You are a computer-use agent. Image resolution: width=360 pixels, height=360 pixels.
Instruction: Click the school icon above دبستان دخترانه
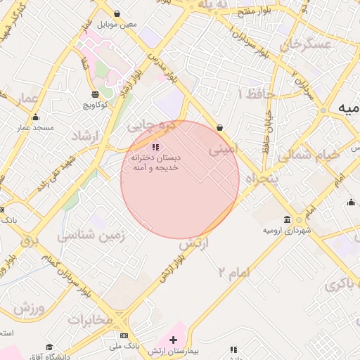click(155, 146)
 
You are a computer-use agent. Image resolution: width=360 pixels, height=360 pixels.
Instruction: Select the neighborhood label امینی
click(224, 148)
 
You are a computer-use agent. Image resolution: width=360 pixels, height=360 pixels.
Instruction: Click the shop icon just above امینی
click(221, 128)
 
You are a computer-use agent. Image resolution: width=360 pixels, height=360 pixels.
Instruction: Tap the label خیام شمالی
click(307, 153)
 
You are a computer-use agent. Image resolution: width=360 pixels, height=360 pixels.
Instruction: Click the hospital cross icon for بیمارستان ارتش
click(174, 340)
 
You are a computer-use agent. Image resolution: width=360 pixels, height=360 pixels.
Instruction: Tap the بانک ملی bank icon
click(124, 335)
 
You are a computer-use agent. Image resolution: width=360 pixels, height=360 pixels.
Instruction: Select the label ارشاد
click(87, 136)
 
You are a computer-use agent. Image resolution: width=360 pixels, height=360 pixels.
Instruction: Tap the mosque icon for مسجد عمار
click(36, 117)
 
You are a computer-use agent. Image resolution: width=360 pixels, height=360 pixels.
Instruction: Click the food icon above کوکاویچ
click(96, 94)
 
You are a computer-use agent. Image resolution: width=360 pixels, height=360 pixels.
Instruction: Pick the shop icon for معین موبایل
click(116, 13)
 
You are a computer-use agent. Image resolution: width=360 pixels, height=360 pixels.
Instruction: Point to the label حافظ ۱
click(255, 94)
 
